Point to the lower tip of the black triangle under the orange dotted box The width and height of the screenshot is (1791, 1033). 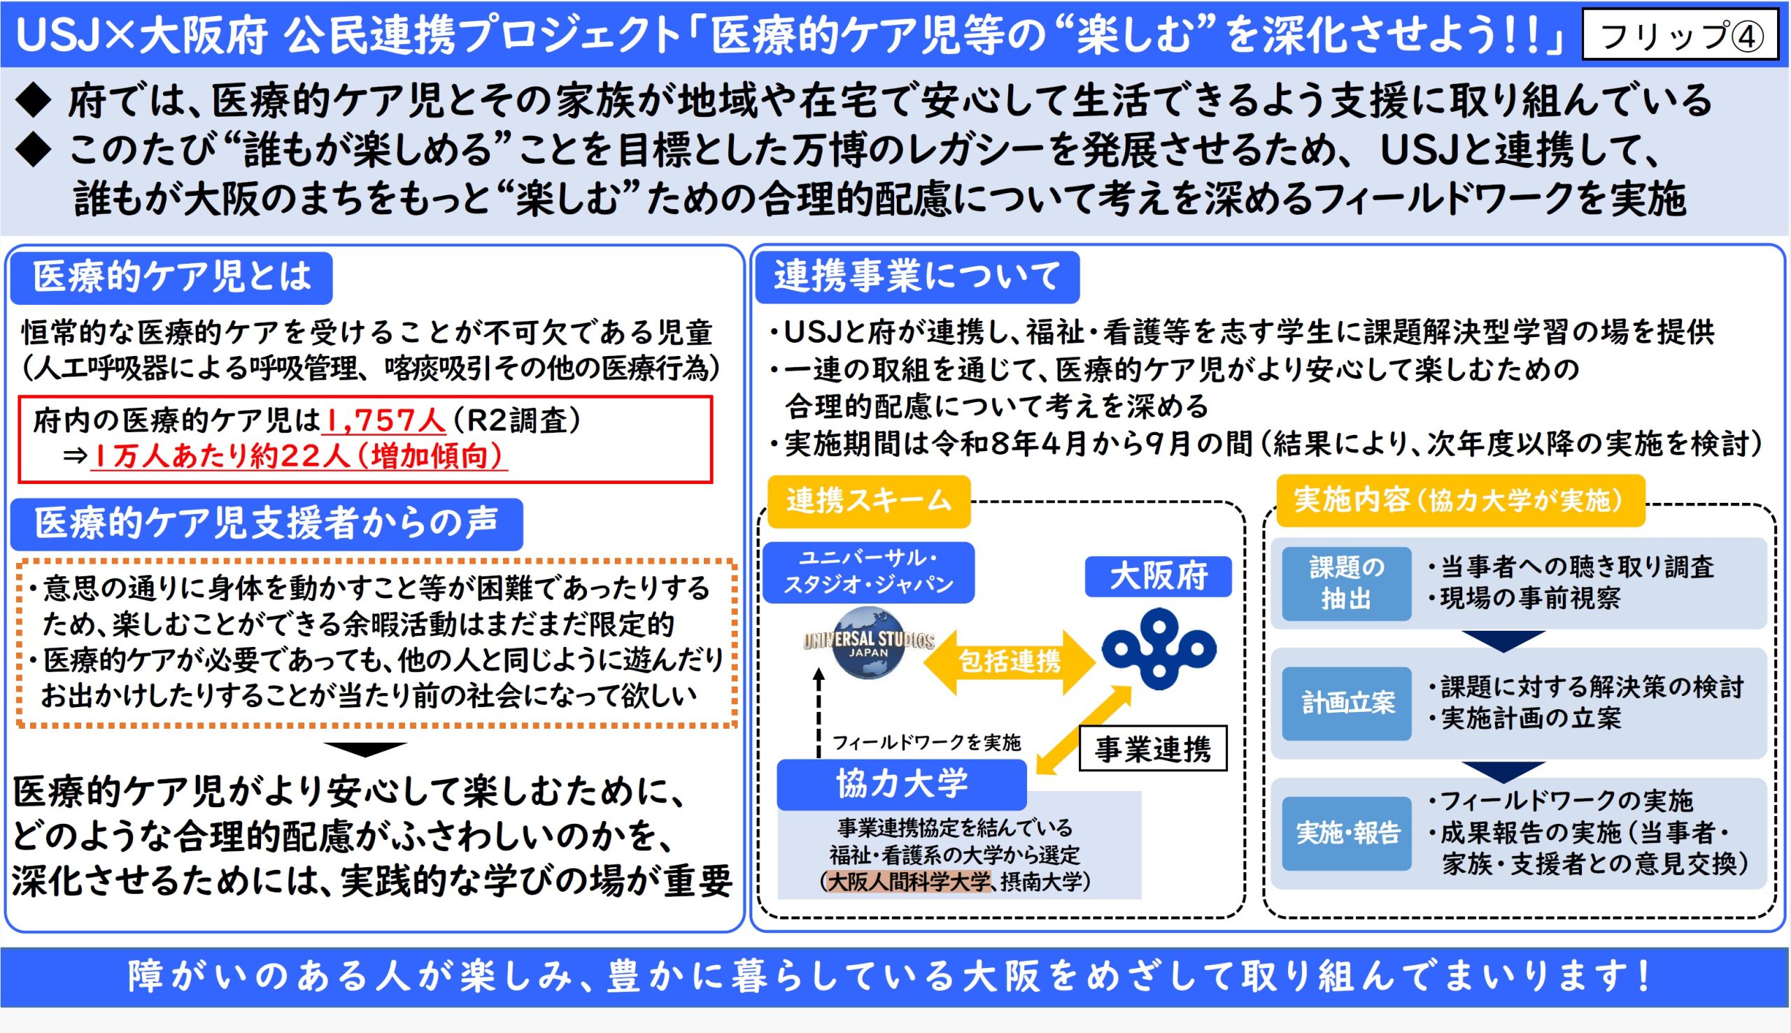point(364,756)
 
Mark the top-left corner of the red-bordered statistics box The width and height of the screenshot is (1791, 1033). point(18,396)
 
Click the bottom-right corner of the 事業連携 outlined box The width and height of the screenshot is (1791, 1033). point(1226,770)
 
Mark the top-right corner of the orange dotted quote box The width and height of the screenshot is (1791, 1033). point(737,561)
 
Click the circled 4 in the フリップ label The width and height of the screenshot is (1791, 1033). point(1747,36)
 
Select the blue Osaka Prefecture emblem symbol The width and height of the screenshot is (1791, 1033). point(1159,648)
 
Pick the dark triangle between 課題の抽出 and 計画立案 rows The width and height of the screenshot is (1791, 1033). point(1503,641)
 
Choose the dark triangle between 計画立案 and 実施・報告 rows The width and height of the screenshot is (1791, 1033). point(1503,772)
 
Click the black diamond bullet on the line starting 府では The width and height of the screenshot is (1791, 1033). point(34,100)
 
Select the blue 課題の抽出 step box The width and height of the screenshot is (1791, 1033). point(1346,583)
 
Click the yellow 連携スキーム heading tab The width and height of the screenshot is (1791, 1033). point(868,501)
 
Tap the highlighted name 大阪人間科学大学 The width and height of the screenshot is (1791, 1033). point(908,882)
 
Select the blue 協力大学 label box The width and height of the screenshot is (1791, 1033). point(901,784)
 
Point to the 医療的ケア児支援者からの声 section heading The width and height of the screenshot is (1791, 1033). point(267,525)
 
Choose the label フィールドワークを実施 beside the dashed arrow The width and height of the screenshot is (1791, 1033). point(926,743)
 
